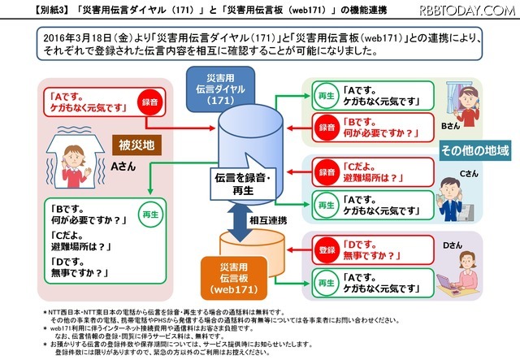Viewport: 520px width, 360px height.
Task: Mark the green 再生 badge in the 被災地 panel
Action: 152,216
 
